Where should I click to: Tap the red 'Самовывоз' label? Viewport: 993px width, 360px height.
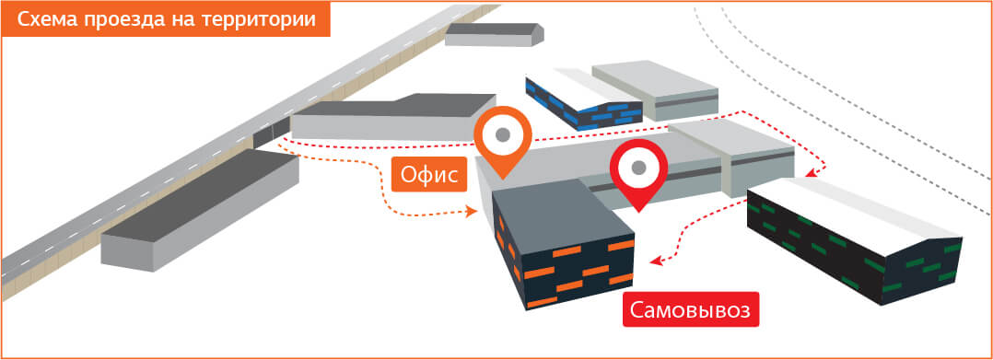click(x=691, y=309)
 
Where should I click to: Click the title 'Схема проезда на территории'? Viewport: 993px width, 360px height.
click(x=166, y=19)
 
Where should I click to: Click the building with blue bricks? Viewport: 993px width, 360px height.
click(x=584, y=99)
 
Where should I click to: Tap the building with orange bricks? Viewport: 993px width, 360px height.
click(x=562, y=245)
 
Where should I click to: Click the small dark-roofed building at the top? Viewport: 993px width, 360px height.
click(x=495, y=35)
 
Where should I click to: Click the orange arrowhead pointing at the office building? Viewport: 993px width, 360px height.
click(x=472, y=212)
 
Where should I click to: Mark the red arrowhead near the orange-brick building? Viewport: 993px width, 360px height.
click(x=657, y=260)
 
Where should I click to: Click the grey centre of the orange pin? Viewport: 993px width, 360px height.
click(x=502, y=134)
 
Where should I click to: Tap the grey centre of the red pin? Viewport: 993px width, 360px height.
click(x=639, y=167)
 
